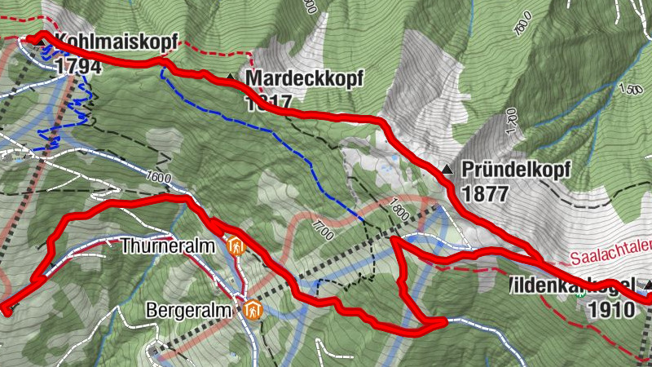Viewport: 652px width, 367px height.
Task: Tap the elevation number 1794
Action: [78, 66]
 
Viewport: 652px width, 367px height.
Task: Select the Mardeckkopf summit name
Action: [303, 78]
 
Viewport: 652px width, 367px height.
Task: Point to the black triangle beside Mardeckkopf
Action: [231, 77]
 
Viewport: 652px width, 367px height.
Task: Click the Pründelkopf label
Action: [516, 170]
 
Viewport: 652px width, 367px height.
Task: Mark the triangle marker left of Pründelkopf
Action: [447, 170]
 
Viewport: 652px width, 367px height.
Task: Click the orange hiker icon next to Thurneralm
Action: [236, 245]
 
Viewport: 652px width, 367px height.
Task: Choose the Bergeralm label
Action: [192, 311]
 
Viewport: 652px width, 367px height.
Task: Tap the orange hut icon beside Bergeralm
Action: [253, 310]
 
